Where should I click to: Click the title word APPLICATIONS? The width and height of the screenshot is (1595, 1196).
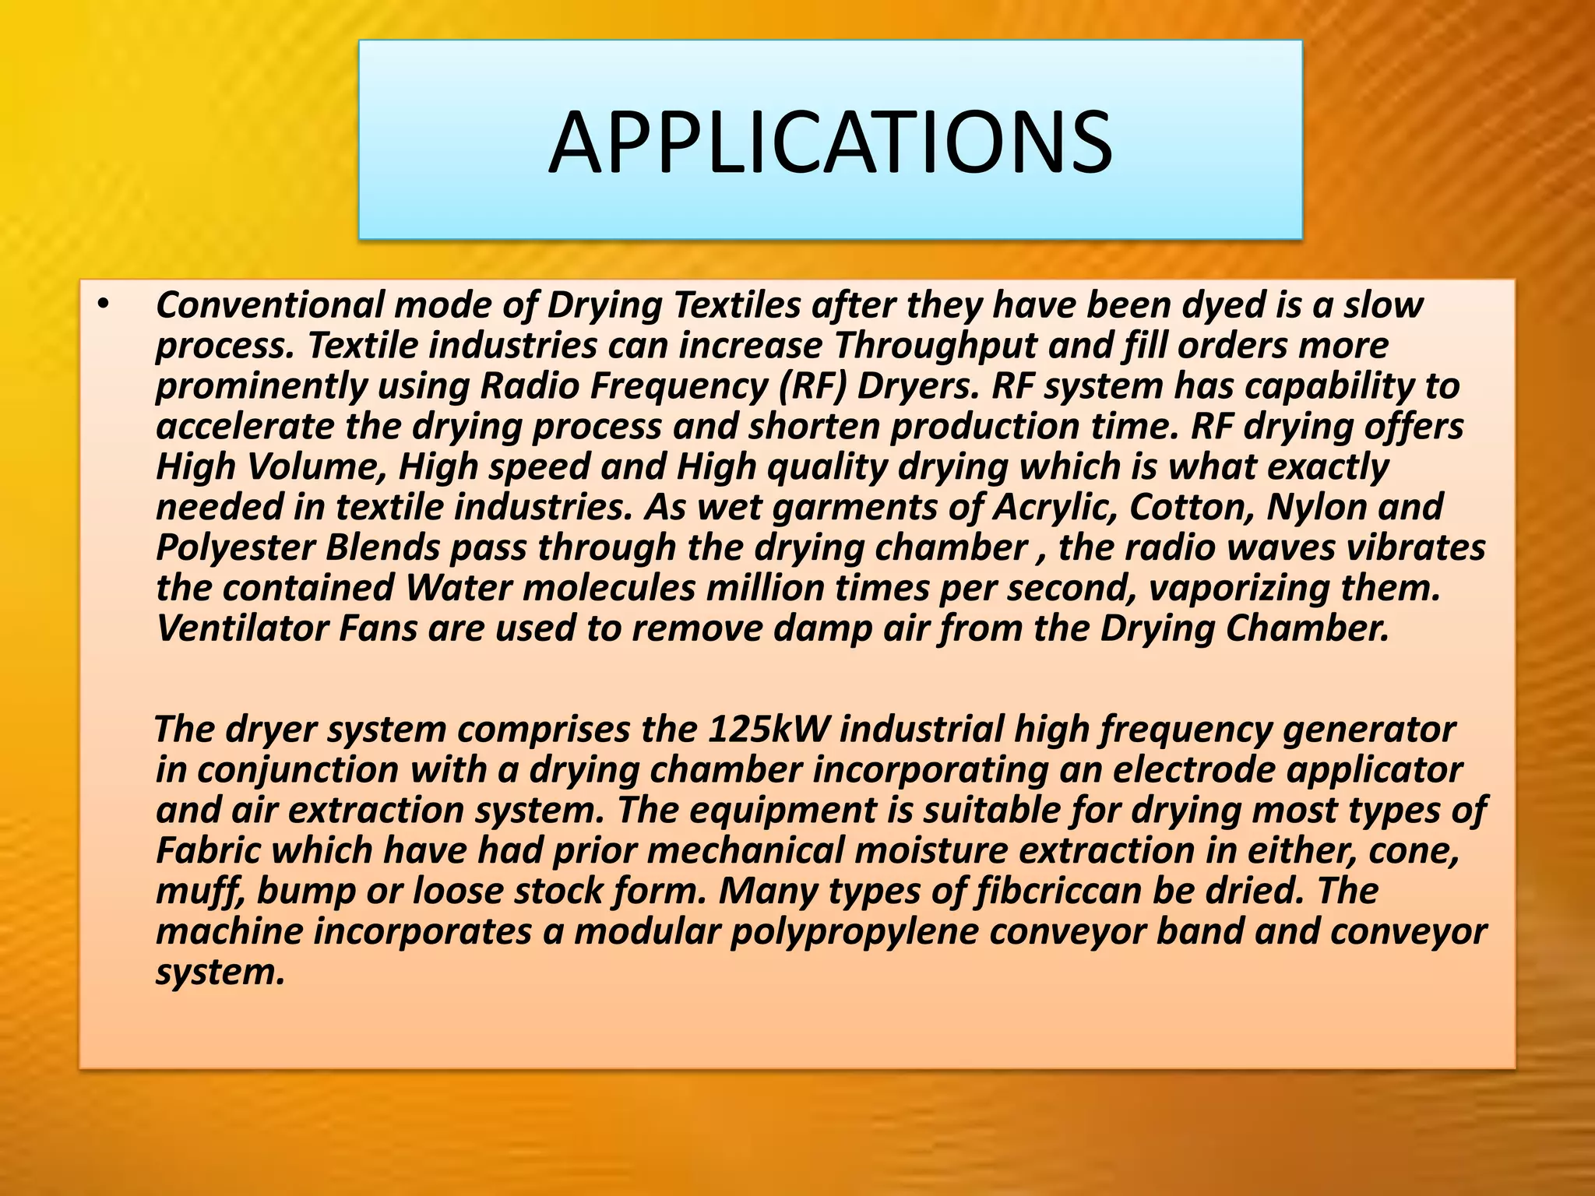(x=830, y=142)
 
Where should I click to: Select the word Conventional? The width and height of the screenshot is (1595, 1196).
(x=269, y=304)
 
